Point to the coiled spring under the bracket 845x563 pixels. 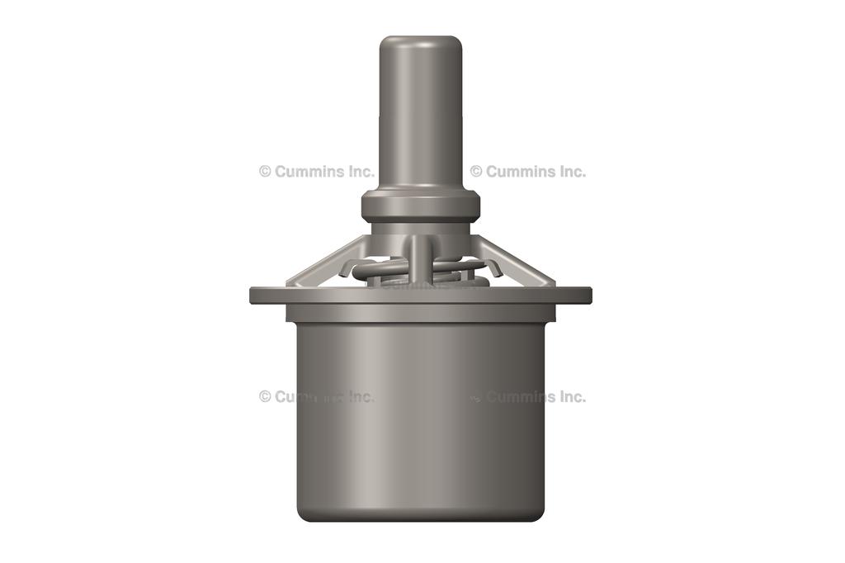(388, 270)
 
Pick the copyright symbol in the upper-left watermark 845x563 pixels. (265, 172)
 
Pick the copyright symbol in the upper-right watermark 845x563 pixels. (476, 172)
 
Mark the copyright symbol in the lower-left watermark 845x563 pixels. (265, 396)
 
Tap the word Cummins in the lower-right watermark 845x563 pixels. (520, 396)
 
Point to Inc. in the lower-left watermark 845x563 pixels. (360, 396)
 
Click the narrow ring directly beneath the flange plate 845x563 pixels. (419, 313)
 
